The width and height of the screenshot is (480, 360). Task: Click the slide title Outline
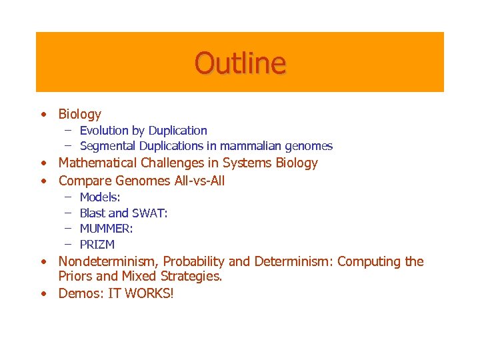240,63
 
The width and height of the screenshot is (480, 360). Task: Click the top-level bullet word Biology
79,115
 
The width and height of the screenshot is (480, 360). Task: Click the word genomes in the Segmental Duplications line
311,146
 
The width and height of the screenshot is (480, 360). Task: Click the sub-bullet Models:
100,197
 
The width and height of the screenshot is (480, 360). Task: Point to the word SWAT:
150,213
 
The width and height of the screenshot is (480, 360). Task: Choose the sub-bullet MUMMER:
106,229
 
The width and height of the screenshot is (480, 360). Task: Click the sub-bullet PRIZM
97,245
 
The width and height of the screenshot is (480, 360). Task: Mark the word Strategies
192,276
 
